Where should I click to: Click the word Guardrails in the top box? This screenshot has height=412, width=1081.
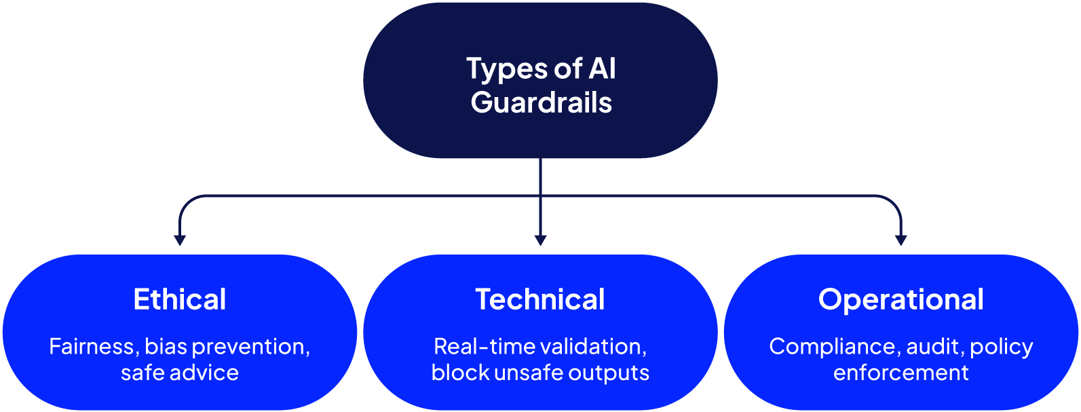tap(541, 102)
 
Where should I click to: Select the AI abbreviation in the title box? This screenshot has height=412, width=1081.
tap(602, 69)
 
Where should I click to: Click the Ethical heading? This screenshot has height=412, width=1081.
tap(180, 299)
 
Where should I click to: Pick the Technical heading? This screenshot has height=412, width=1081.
tap(540, 299)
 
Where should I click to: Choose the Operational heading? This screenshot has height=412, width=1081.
tap(900, 299)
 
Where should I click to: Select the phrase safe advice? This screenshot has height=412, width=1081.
tap(180, 373)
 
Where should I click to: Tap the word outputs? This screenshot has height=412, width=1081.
tap(609, 373)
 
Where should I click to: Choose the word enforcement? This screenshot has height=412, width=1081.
tap(900, 373)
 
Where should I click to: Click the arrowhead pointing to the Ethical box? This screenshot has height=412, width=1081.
tap(180, 240)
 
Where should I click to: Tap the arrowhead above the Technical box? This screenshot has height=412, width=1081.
tap(540, 240)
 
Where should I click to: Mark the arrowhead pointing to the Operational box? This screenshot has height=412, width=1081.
tap(900, 240)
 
